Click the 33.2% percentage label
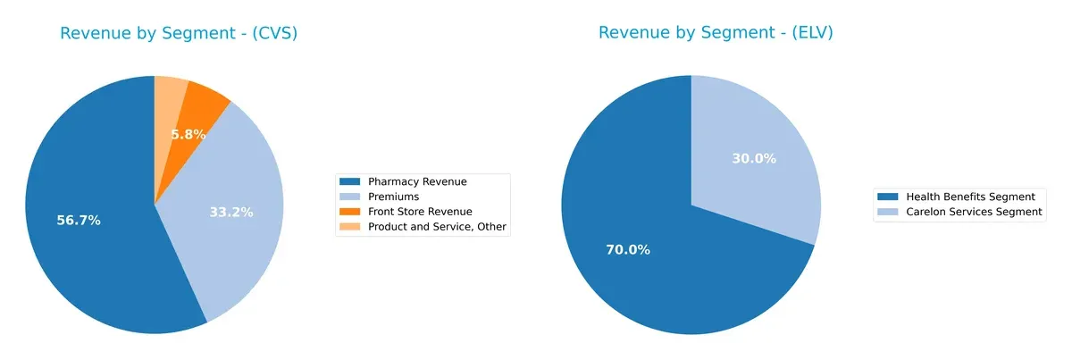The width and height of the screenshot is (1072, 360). [230, 213]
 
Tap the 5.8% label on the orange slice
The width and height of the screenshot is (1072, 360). [188, 135]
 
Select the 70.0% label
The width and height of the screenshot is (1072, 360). [627, 250]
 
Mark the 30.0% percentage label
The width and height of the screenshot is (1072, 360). [753, 158]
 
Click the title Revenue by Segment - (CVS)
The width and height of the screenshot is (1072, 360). [179, 33]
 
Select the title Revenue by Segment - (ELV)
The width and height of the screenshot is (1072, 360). [716, 33]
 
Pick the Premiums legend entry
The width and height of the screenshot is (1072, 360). [393, 197]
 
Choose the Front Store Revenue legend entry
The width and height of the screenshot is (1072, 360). [420, 212]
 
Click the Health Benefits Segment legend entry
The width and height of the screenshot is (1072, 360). [970, 197]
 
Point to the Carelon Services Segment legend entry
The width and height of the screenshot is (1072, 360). [974, 212]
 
